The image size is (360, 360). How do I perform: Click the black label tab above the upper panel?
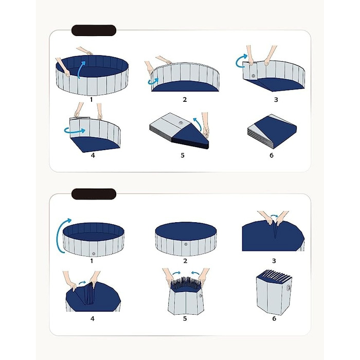[94, 30]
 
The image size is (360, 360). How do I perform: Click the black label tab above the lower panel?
[94, 194]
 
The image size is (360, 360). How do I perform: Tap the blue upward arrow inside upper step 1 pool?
[81, 69]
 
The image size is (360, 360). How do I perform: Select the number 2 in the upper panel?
[185, 100]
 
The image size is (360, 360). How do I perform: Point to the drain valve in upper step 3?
[253, 76]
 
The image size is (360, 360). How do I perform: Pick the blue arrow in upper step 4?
[75, 131]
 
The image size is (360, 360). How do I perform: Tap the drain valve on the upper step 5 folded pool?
[181, 123]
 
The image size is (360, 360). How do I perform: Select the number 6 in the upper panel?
[272, 155]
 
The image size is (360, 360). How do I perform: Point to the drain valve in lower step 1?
[94, 254]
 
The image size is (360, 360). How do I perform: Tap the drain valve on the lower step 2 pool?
[186, 244]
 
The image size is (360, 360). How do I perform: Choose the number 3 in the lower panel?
[274, 261]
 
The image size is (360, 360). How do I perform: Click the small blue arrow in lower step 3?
[274, 216]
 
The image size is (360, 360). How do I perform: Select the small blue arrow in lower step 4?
[82, 283]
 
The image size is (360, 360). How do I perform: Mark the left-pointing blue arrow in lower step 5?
[195, 273]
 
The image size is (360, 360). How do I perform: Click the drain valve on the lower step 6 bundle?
[289, 287]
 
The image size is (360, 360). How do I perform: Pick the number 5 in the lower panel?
[185, 319]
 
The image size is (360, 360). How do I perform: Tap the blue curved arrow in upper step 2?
[153, 81]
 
